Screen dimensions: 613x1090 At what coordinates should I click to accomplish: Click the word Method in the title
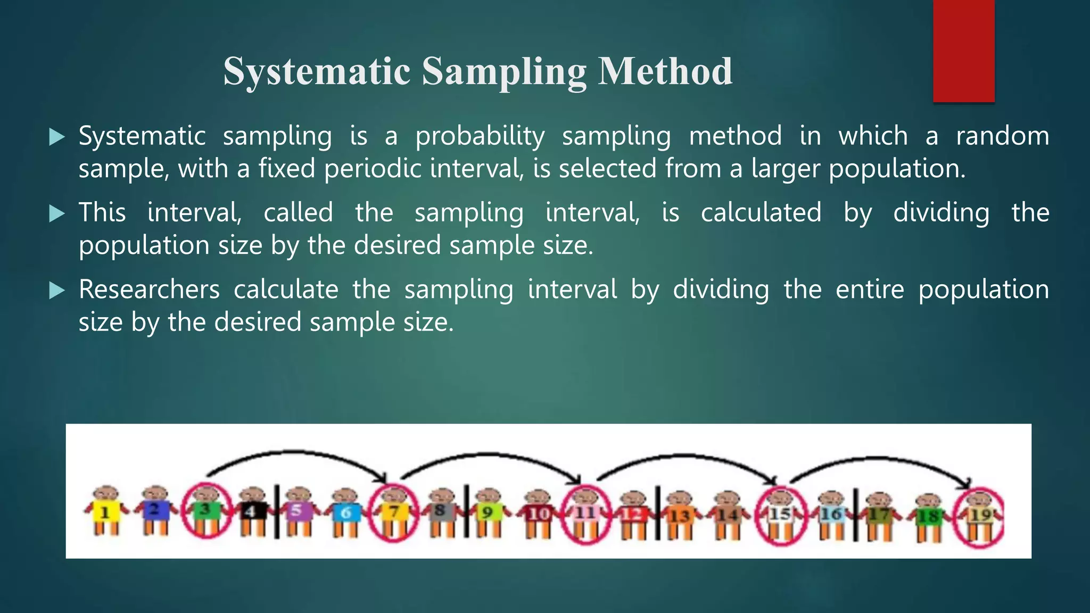(665, 71)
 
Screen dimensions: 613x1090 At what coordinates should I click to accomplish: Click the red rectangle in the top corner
(963, 51)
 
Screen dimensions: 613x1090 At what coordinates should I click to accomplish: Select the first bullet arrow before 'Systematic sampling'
(56, 137)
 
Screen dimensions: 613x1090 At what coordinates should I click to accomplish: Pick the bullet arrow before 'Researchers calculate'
(56, 291)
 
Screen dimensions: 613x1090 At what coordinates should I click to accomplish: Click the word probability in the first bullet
(480, 136)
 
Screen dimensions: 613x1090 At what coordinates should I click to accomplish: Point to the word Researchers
(149, 289)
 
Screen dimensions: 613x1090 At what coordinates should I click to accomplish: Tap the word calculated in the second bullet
(761, 213)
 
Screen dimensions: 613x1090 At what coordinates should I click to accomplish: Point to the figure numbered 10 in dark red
(539, 513)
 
